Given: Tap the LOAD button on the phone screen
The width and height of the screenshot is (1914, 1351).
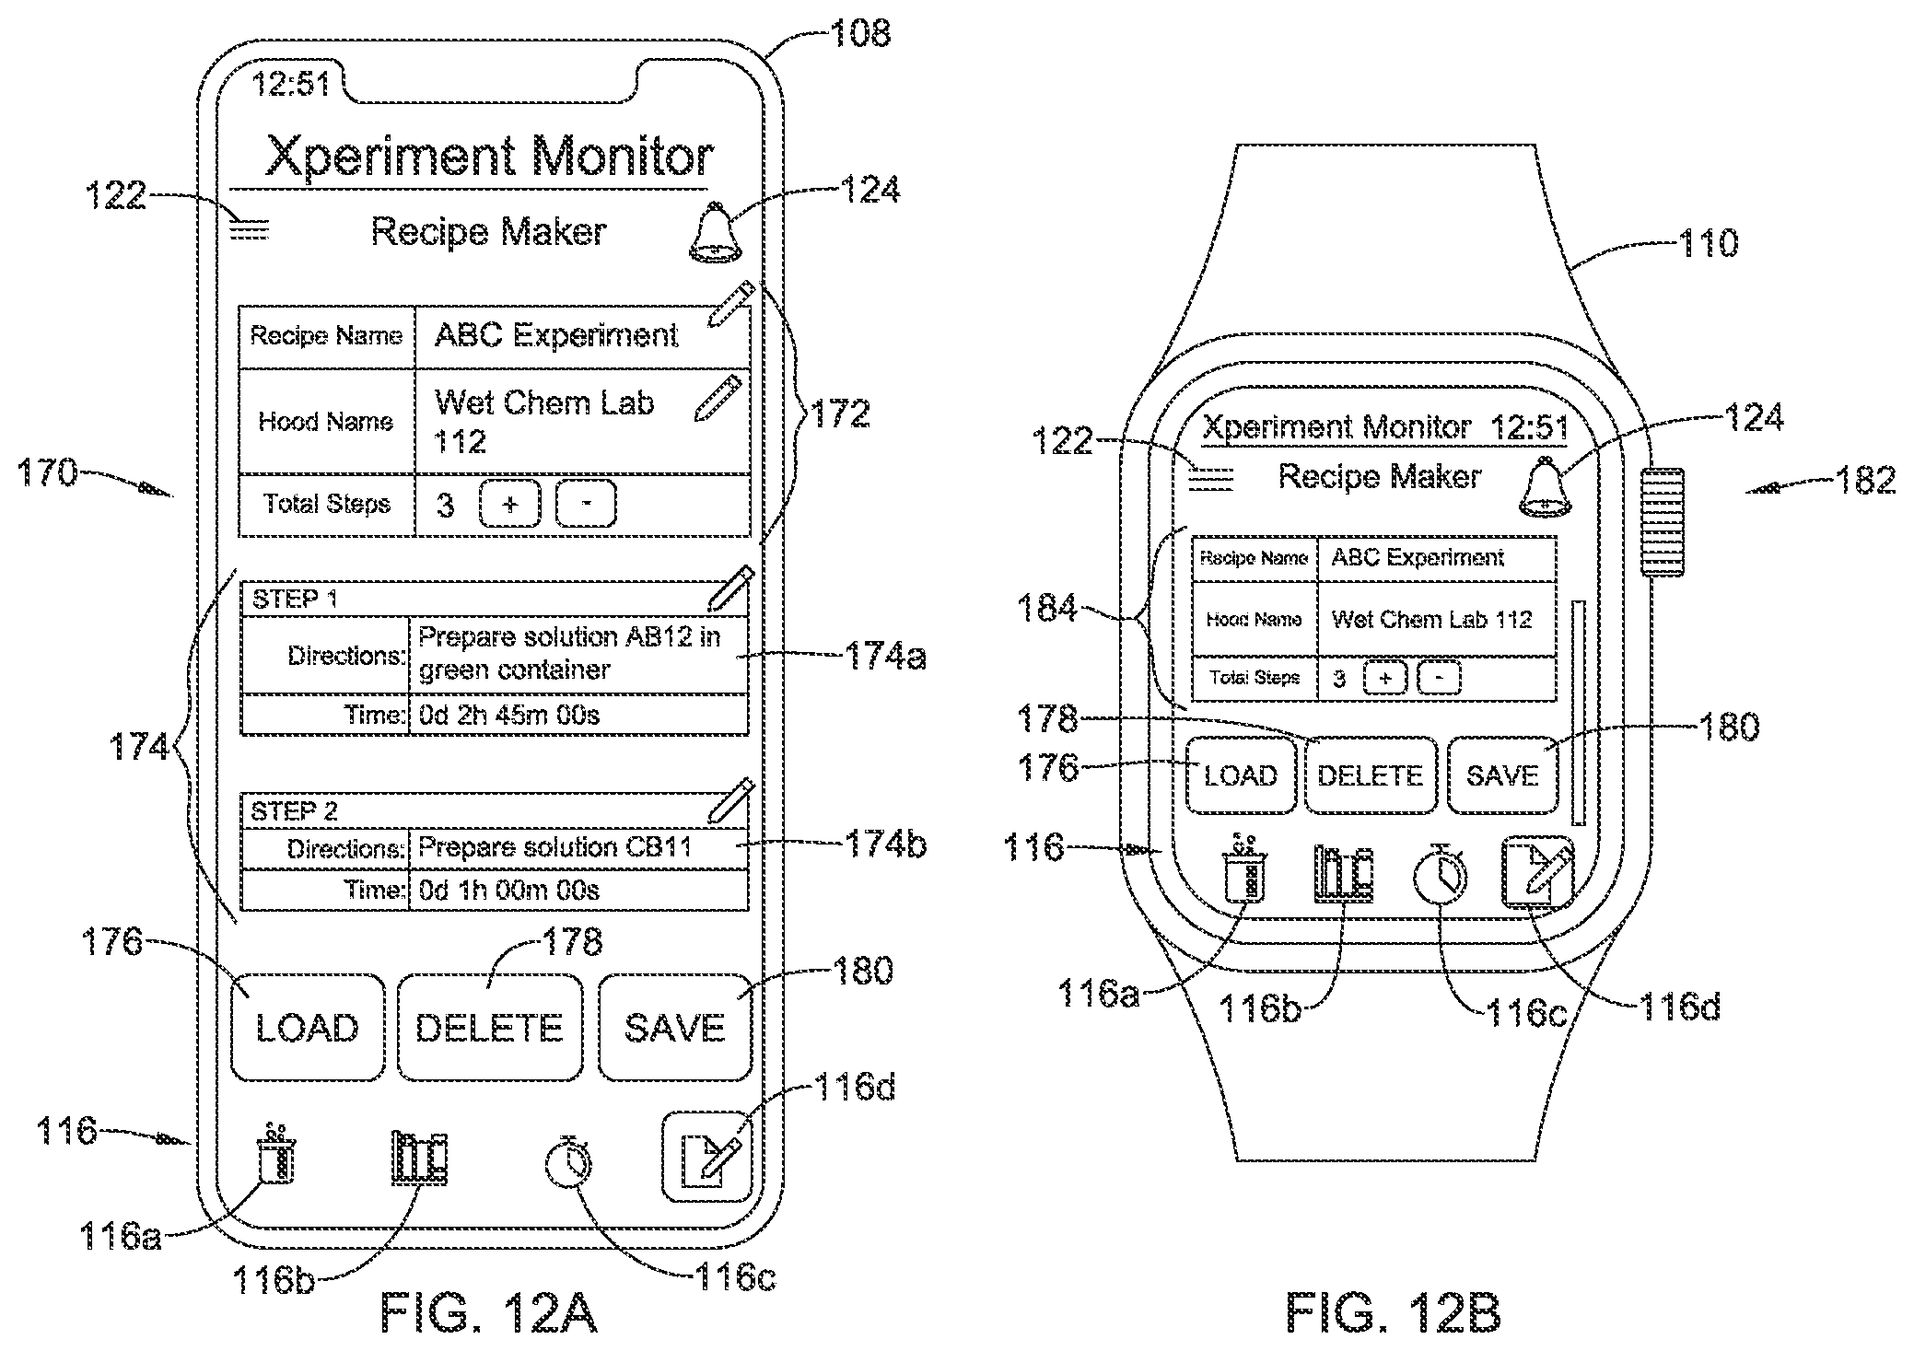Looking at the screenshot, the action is [307, 1027].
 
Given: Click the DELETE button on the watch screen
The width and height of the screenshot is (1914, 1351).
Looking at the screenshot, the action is [1371, 775].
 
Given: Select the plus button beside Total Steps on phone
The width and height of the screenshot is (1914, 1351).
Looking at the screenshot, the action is [510, 504].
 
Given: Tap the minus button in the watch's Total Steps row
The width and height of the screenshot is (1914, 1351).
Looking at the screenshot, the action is [1439, 679].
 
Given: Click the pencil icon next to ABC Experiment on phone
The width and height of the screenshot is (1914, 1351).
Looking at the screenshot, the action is [731, 305].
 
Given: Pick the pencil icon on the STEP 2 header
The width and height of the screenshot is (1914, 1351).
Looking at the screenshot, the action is [731, 800].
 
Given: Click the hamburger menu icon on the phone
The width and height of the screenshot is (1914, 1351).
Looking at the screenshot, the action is [249, 227].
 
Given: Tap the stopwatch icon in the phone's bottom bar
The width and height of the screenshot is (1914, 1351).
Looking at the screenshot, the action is [568, 1163].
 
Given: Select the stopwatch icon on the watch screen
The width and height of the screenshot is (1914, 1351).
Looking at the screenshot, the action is [1440, 875].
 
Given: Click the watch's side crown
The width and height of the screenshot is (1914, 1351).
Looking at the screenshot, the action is [1661, 522].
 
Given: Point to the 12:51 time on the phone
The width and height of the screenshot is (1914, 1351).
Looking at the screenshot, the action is [291, 84].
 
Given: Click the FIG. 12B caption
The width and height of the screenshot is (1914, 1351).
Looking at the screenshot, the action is [1393, 1311].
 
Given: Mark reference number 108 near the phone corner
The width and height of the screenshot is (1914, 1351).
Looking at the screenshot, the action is [860, 33].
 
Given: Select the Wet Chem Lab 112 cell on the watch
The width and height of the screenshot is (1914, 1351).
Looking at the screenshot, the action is [1436, 619].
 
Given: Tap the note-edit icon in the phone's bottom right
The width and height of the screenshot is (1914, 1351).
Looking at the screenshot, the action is [707, 1158].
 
